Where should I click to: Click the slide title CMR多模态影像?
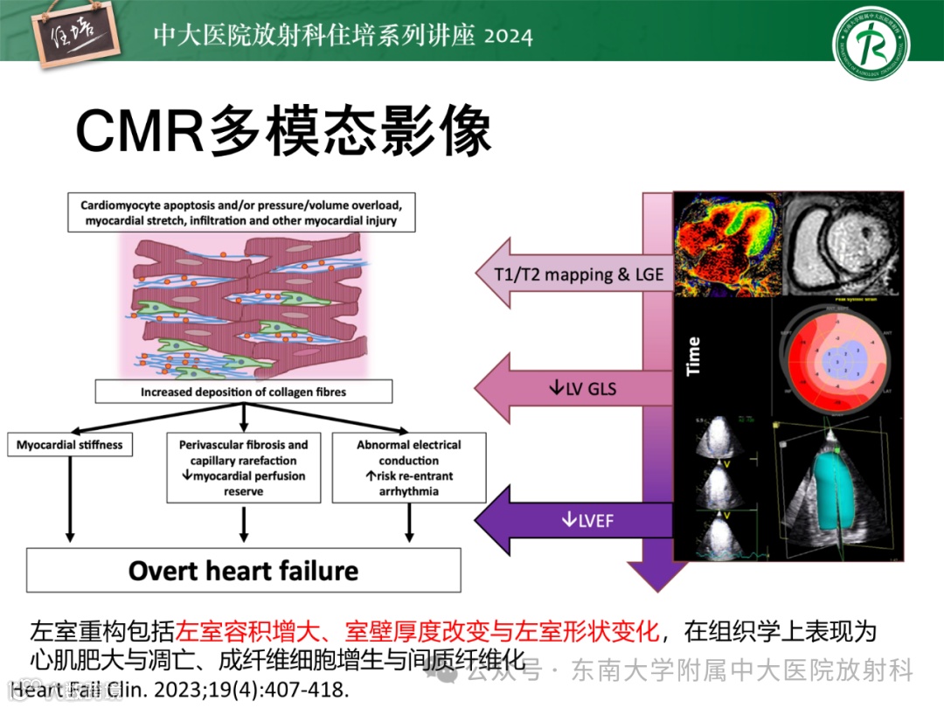click(x=283, y=131)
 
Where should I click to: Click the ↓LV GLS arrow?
click(x=577, y=386)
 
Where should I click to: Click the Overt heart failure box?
click(x=244, y=571)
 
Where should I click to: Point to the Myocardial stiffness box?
click(x=70, y=445)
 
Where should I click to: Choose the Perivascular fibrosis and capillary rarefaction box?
click(x=244, y=469)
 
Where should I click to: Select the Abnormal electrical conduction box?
click(x=409, y=469)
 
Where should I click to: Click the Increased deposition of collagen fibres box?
click(x=243, y=392)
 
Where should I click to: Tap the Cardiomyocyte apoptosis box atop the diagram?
click(x=241, y=213)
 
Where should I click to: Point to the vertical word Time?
click(x=694, y=357)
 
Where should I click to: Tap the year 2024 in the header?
click(x=508, y=36)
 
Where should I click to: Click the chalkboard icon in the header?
click(x=73, y=38)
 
